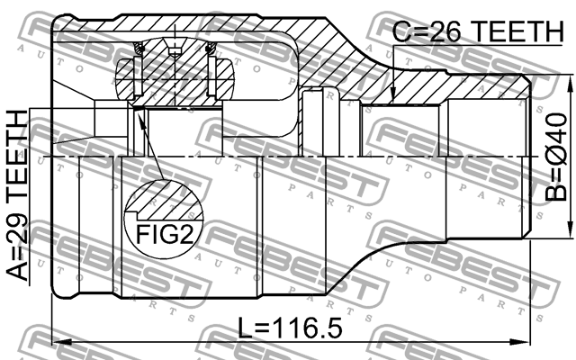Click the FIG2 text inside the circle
(x=166, y=237)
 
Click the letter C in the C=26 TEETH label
(x=402, y=32)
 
